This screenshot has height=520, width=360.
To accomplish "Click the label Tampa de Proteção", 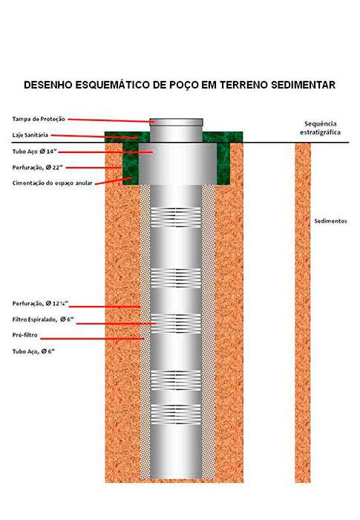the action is point(39,119).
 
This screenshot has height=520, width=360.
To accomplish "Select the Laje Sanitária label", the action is point(30,135).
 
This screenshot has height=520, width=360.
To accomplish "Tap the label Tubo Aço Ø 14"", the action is point(35,152).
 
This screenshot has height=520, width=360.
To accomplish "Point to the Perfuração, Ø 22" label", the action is point(38,167).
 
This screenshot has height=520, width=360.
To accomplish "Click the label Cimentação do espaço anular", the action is point(53,183).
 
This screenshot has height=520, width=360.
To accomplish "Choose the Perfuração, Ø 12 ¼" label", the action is point(40,303).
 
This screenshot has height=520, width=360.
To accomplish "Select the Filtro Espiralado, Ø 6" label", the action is point(43,319).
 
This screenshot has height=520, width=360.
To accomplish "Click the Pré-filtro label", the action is point(24,335).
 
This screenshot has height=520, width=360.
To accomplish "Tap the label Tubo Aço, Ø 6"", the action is point(33,351).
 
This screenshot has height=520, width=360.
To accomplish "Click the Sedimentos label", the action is point(330,221).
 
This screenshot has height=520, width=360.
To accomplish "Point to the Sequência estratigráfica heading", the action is point(320,128).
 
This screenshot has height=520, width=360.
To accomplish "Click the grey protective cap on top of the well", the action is point(176,122).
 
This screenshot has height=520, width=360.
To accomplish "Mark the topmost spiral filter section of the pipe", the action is point(176,217).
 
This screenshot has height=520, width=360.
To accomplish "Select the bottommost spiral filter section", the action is point(176,415).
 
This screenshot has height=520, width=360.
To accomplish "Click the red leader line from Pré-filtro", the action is point(92,339).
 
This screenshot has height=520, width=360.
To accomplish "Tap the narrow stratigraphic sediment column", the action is point(303,313).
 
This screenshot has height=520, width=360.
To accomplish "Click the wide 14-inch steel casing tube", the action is point(177,164).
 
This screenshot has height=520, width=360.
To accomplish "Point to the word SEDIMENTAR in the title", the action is point(304,85).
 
